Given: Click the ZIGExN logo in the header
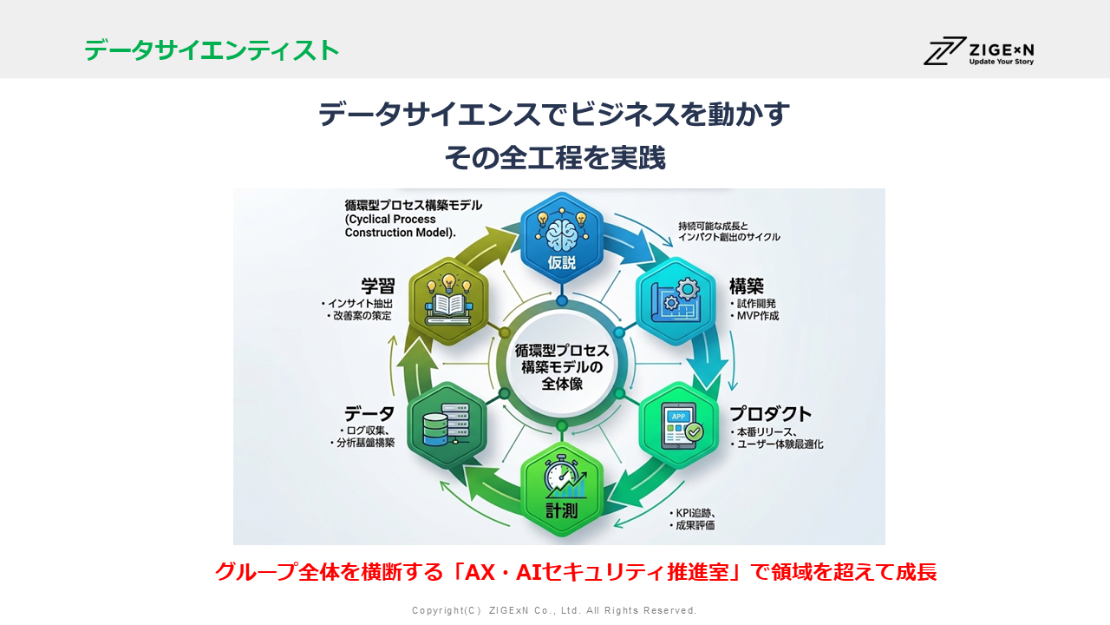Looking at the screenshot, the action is [979, 50].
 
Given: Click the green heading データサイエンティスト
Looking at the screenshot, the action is [212, 50].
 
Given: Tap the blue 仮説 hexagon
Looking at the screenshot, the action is [561, 238].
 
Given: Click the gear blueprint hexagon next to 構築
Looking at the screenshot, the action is [676, 301].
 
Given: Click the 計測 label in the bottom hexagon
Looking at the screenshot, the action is [561, 510].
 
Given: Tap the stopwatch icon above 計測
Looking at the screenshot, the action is [561, 474].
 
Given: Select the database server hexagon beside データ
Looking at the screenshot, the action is [447, 426].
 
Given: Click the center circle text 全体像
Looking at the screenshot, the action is [561, 384].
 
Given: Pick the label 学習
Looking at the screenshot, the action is [377, 286].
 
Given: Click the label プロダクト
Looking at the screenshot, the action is [770, 413].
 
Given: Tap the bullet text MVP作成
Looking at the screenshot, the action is [757, 316].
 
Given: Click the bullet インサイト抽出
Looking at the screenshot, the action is [360, 304].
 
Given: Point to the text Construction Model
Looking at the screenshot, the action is [399, 233].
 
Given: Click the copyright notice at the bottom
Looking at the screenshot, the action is [554, 610].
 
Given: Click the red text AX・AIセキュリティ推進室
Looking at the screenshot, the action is [597, 572].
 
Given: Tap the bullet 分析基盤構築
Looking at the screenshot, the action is [365, 443].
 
